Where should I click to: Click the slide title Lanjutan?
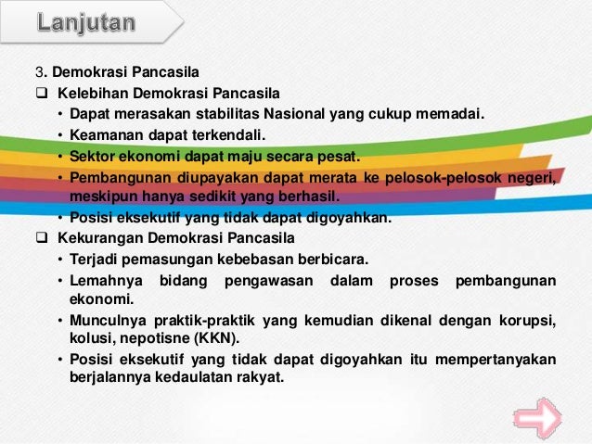pyautogui.click(x=86, y=22)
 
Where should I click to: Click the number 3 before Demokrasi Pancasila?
pyautogui.click(x=40, y=72)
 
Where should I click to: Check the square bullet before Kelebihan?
pyautogui.click(x=41, y=93)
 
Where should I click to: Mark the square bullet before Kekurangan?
pyautogui.click(x=41, y=238)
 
